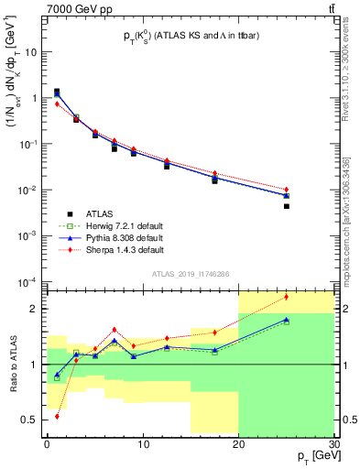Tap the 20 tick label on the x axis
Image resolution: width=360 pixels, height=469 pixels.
coord(238,444)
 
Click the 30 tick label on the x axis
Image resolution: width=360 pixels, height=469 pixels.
coord(333,444)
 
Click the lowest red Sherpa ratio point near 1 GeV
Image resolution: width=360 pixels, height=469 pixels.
coord(57,416)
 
